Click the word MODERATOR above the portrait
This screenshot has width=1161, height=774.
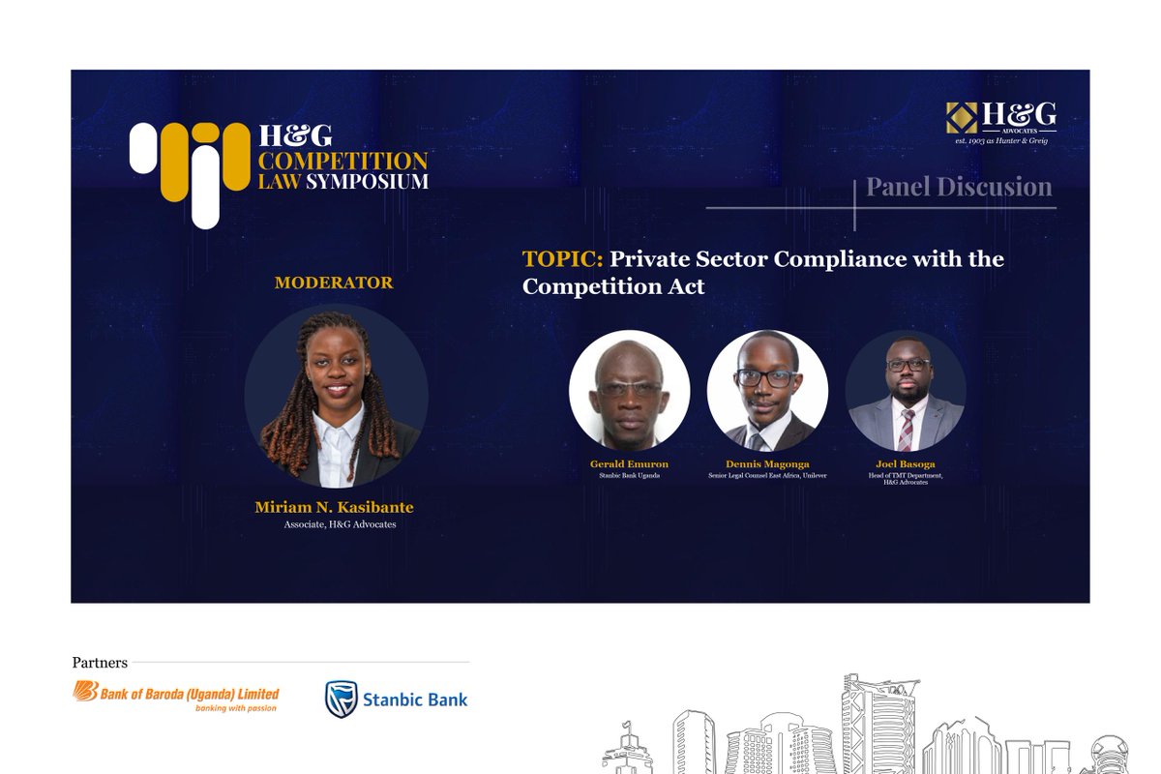click(x=333, y=283)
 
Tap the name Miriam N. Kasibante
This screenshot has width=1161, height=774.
click(x=334, y=508)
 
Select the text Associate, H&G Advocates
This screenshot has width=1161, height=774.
click(x=340, y=524)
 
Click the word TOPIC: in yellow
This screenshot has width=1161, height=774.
click(x=562, y=259)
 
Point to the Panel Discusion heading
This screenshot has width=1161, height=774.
click(x=958, y=187)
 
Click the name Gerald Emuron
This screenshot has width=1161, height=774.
click(x=629, y=464)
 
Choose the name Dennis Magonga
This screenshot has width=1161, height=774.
click(x=767, y=464)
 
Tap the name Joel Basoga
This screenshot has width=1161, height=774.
click(x=905, y=464)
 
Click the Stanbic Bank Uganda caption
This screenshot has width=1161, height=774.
click(x=629, y=475)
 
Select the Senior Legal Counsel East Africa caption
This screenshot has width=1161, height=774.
click(x=767, y=475)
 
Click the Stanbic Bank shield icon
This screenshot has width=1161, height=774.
click(x=341, y=699)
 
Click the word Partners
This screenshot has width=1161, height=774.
click(x=100, y=663)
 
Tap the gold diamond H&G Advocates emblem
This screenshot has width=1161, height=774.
click(x=962, y=117)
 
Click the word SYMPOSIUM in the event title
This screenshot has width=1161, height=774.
click(x=368, y=181)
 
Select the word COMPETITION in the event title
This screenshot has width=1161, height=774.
click(x=342, y=161)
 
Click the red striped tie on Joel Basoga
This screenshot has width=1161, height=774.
click(x=906, y=430)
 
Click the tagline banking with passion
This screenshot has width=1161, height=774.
click(x=236, y=708)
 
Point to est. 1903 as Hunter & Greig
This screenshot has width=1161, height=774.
click(x=1000, y=141)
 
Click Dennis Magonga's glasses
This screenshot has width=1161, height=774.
click(x=766, y=378)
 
